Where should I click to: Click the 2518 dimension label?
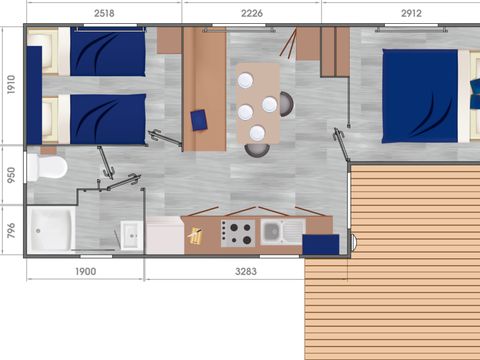point(103,13)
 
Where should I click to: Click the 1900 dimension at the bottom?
point(85,271)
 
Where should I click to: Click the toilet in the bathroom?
point(46,166)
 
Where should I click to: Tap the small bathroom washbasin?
point(131,236)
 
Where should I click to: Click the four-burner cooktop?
point(238,233)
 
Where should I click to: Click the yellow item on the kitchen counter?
point(196,236)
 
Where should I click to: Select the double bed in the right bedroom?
point(420,96)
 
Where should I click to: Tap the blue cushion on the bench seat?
point(198,119)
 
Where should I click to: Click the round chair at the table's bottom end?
point(257,151)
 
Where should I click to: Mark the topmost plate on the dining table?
point(245,83)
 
